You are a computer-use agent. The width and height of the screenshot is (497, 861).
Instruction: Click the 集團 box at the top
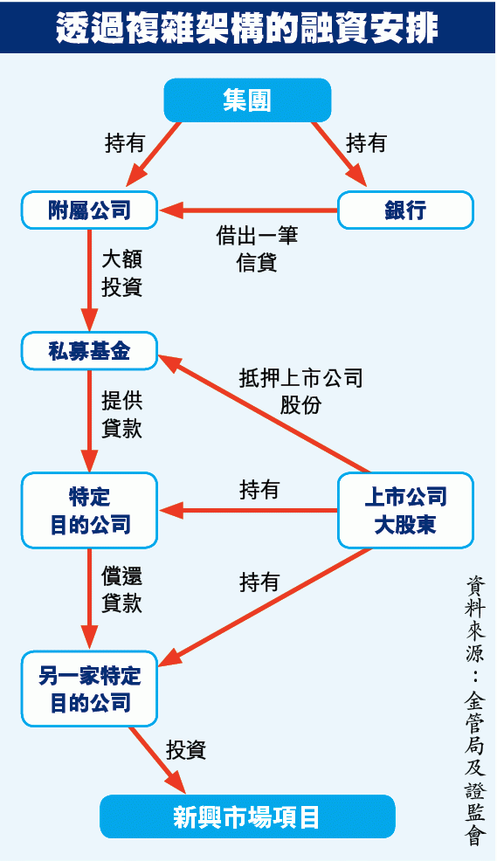tap(247, 100)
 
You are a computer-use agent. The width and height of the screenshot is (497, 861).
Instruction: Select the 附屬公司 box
tap(89, 210)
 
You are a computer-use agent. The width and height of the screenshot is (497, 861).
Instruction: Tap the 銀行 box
tap(405, 210)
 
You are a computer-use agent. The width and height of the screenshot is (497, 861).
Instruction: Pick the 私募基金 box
tap(89, 351)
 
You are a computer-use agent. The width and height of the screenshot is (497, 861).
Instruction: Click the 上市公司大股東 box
tap(405, 511)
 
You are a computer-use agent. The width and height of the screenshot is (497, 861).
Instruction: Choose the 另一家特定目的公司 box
tap(89, 689)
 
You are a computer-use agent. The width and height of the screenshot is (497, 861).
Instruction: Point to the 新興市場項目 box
tap(247, 816)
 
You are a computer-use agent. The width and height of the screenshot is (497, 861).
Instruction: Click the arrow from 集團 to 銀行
tap(340, 155)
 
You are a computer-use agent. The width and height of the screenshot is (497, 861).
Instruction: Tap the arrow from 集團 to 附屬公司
tap(153, 155)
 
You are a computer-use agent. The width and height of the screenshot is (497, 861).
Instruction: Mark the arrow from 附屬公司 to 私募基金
tap(89, 280)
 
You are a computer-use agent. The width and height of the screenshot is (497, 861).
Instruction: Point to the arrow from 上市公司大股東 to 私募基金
tap(265, 414)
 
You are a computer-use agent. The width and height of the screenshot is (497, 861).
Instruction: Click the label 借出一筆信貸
tap(257, 249)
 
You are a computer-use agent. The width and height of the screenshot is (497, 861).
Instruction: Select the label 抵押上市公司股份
tap(300, 391)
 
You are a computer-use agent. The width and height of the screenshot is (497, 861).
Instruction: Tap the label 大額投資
tap(122, 273)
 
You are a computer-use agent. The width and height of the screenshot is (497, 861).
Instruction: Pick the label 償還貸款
tap(122, 589)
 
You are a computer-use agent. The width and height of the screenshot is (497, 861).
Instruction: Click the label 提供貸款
tap(122, 414)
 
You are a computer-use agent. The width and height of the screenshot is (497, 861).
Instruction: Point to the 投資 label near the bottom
tap(186, 750)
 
